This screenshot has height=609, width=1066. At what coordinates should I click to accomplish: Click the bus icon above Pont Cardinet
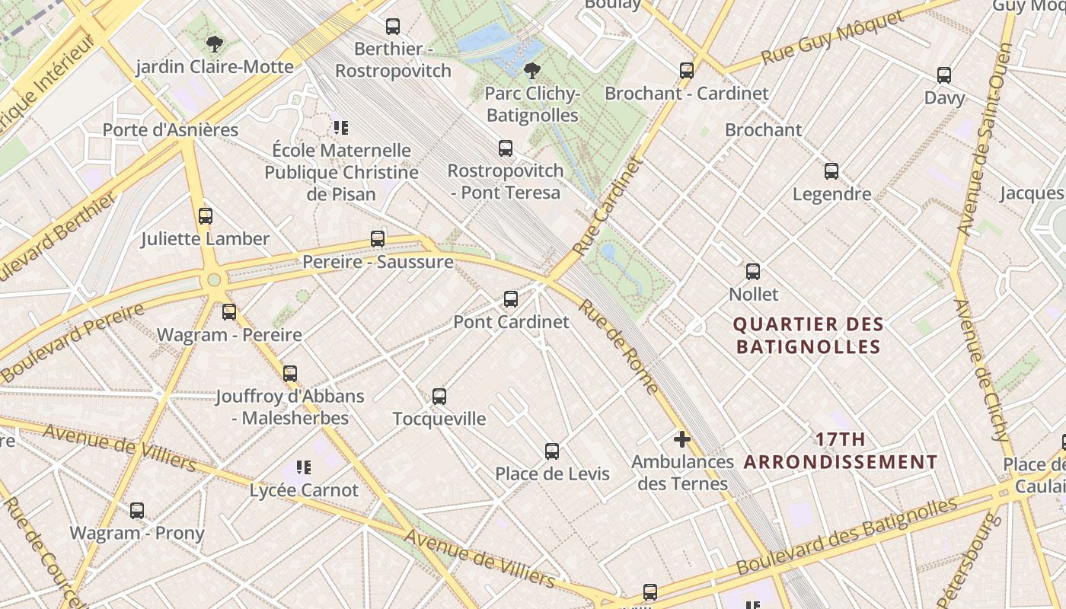point(511,299)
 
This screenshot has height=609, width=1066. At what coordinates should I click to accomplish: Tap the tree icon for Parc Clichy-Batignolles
point(532,71)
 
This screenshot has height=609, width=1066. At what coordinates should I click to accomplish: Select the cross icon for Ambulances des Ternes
point(682,439)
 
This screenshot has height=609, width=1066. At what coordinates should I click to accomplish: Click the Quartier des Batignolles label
point(808,336)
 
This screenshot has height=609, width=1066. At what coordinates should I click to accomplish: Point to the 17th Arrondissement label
point(841,451)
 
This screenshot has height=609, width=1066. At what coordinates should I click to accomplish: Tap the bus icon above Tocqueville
point(439,396)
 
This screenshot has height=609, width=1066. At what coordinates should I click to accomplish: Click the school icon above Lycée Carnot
point(304,467)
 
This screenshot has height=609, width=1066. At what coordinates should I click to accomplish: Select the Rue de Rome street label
point(619,347)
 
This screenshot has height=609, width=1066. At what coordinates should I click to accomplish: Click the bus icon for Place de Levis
point(552,451)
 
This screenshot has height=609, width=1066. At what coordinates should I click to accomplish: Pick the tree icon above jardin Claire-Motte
point(215,43)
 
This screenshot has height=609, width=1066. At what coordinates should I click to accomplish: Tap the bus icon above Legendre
point(831,171)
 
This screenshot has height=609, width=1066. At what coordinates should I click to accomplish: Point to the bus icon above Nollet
point(753,271)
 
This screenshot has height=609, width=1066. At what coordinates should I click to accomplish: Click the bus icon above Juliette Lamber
point(206,215)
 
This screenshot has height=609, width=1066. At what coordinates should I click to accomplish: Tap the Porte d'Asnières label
point(171,130)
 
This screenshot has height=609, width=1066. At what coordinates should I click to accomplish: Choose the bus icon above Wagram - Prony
point(137,510)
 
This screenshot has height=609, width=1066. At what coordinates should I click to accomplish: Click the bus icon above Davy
point(944,75)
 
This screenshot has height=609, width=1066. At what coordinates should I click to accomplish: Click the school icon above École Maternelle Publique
point(340,127)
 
